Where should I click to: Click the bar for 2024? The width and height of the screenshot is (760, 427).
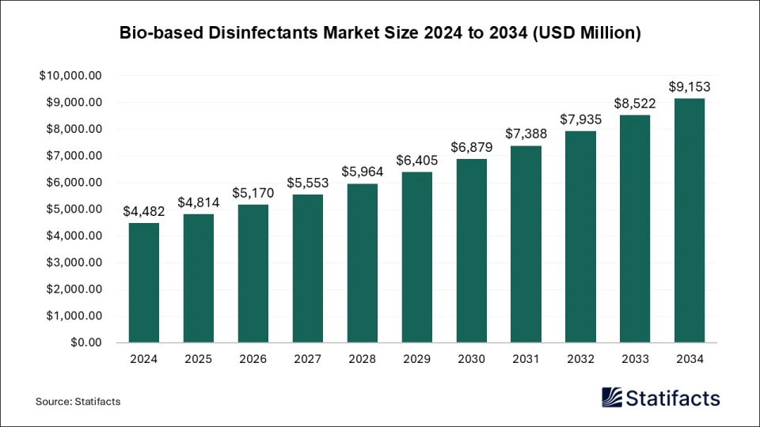click(x=144, y=282)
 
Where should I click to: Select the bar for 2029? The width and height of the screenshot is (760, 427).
click(x=416, y=257)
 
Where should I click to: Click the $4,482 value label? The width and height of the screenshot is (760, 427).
click(x=144, y=211)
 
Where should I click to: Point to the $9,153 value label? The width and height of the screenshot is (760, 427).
click(x=689, y=86)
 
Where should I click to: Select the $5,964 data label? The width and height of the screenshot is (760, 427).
click(x=363, y=172)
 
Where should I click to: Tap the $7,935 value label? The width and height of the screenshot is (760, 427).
click(x=580, y=119)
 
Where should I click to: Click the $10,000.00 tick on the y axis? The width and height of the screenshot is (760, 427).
click(x=70, y=76)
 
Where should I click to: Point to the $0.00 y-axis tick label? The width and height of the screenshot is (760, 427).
click(x=85, y=342)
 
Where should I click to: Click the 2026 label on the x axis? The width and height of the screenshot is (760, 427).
click(x=253, y=359)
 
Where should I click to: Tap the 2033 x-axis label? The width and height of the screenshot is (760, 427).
click(x=634, y=359)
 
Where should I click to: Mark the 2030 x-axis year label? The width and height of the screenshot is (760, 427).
click(x=471, y=359)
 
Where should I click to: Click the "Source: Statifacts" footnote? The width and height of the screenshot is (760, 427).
click(x=78, y=402)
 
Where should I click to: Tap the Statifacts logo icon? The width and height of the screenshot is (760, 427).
click(x=613, y=397)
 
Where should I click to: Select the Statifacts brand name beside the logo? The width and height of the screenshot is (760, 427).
click(x=674, y=397)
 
